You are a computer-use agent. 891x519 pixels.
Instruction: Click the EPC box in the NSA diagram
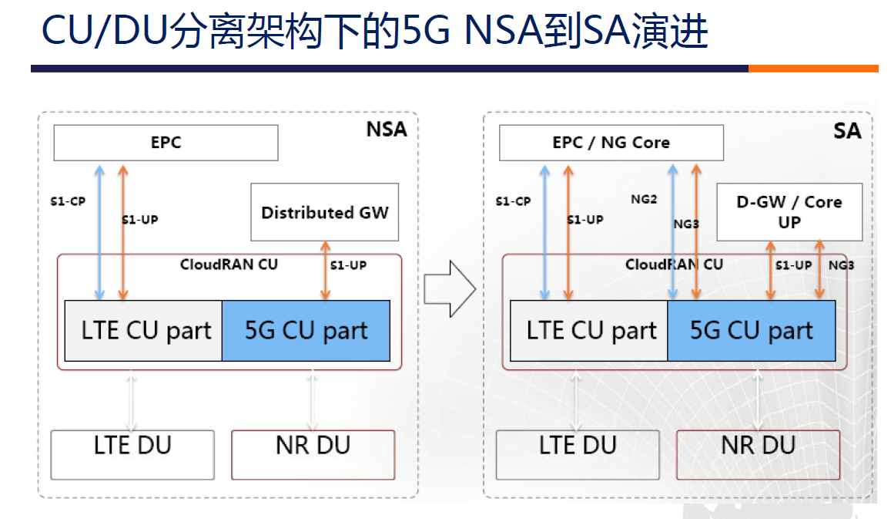[x=166, y=143]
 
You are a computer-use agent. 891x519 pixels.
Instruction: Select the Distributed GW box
[x=324, y=212]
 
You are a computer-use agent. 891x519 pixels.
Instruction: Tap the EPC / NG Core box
[x=611, y=143]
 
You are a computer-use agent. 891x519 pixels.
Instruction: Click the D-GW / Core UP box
[x=789, y=212]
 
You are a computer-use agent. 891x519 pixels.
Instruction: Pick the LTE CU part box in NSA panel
[x=144, y=331]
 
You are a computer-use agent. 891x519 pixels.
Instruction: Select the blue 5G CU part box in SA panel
[x=751, y=331]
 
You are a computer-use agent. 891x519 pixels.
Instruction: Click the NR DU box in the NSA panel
[x=313, y=454]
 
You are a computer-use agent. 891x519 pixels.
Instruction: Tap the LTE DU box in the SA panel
[x=578, y=454]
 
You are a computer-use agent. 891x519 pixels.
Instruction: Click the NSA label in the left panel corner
[x=386, y=129]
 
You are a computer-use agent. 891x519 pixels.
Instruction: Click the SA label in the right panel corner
[x=846, y=130]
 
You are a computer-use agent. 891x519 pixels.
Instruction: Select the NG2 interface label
[x=644, y=200]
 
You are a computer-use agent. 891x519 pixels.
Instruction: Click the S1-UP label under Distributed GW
[x=348, y=265]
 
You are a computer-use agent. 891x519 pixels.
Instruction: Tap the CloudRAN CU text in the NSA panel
[x=229, y=265]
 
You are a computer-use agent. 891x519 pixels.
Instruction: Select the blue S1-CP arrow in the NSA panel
[x=99, y=231]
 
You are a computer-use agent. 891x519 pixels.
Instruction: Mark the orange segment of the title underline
[x=812, y=69]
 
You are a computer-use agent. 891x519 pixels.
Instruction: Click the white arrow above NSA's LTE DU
[x=132, y=400]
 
